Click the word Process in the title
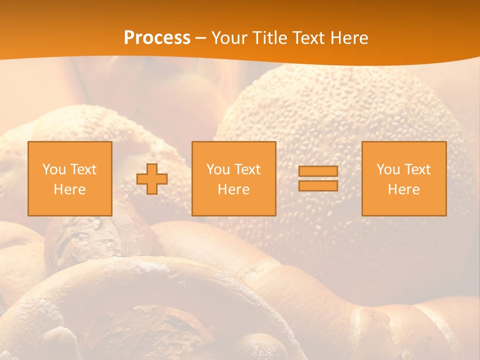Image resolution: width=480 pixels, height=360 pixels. tap(157, 38)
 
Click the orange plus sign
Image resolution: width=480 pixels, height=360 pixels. tap(152, 179)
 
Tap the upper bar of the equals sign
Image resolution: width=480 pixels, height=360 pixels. tap(318, 171)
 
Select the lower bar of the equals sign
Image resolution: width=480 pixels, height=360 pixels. tap(318, 185)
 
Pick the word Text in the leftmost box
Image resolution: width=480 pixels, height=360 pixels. tap(83, 169)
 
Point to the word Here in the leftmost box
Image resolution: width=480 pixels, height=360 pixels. tap(69, 189)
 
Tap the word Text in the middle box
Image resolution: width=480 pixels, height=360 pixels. tap(247, 169)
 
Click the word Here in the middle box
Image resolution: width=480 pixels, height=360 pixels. tap(233, 189)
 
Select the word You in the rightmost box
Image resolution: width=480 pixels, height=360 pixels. tap(388, 169)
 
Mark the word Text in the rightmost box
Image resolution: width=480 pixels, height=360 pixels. tap(417, 169)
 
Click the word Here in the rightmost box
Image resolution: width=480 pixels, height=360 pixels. tap(403, 189)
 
